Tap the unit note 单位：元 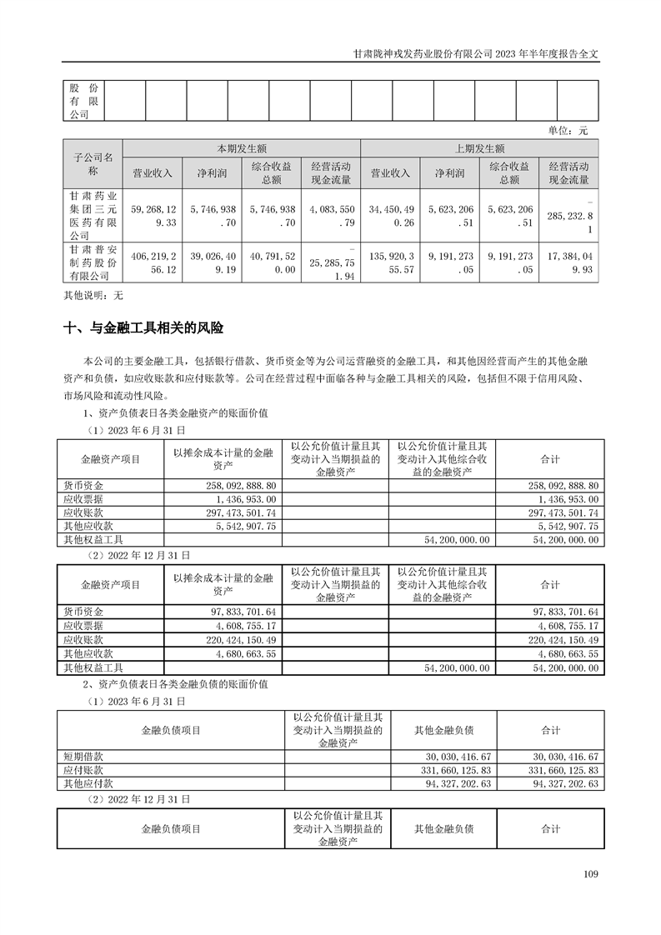(568, 131)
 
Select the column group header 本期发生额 (242, 147)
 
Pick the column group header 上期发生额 (479, 147)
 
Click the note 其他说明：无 (93, 294)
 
